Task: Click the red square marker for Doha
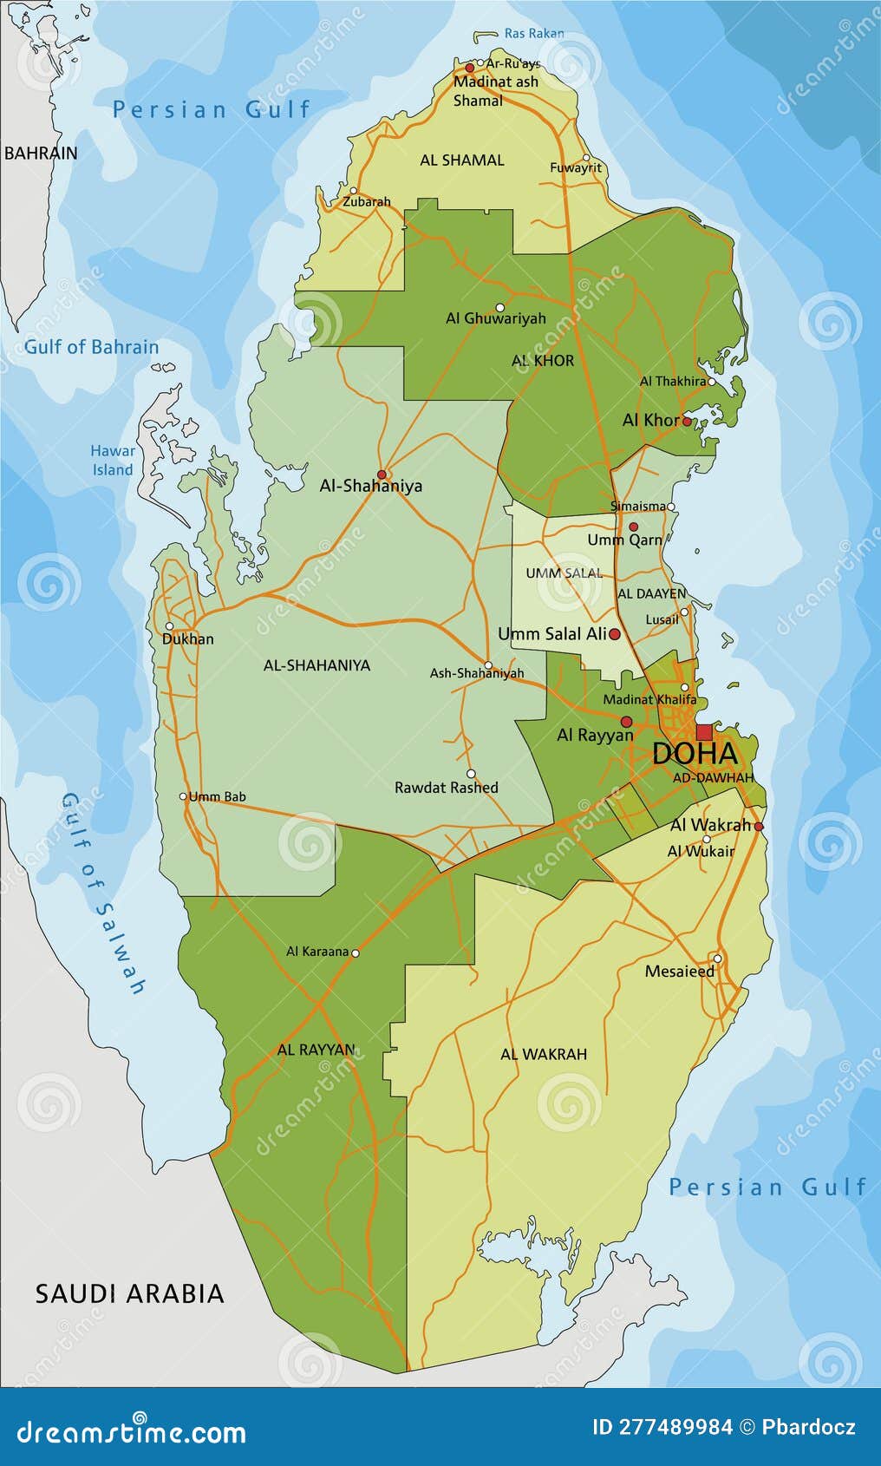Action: tap(704, 732)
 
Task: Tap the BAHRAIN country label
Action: tap(41, 154)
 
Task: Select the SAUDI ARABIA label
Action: tap(129, 1293)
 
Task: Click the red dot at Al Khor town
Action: tap(687, 421)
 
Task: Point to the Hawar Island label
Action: tap(113, 461)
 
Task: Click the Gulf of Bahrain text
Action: tap(91, 347)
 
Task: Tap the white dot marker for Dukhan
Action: tap(170, 626)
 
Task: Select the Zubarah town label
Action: tap(366, 201)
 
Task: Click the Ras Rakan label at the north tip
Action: tap(533, 34)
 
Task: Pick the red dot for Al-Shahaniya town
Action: tap(382, 474)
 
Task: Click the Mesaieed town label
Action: tap(680, 972)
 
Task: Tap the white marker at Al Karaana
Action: tap(355, 952)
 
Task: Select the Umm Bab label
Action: tap(217, 796)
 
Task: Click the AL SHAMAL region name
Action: tap(462, 160)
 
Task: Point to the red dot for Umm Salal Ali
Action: tap(615, 635)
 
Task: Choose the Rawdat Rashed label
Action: tap(447, 788)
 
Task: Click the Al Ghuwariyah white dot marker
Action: tap(500, 307)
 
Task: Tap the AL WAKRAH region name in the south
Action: tap(544, 1054)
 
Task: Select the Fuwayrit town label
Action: tap(576, 167)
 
